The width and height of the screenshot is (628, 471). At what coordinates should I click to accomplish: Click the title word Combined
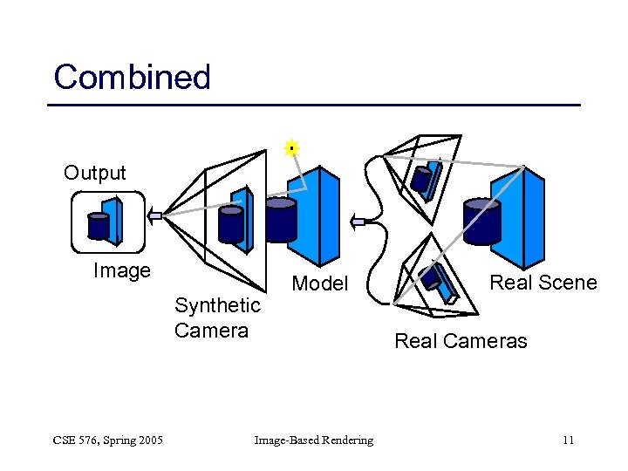tap(132, 78)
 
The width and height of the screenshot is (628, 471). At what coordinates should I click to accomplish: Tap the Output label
tap(94, 173)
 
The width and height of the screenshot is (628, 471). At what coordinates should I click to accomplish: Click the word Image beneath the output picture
tap(121, 271)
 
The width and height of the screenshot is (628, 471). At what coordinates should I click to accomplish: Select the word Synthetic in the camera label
tap(217, 305)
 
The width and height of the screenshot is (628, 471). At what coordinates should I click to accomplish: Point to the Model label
tap(319, 283)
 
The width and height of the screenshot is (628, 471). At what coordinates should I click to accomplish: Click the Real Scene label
tap(543, 283)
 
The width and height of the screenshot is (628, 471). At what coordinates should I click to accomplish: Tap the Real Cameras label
tap(461, 341)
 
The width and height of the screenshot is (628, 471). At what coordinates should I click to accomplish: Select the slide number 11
tap(568, 440)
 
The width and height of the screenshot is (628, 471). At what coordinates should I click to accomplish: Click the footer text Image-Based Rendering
tap(313, 440)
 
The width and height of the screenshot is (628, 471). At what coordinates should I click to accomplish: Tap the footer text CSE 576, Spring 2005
tap(106, 440)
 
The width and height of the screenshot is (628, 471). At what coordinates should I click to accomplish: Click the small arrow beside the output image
tap(155, 215)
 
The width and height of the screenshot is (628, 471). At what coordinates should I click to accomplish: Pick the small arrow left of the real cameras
tap(358, 222)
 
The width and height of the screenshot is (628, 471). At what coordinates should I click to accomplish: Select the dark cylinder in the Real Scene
tap(482, 222)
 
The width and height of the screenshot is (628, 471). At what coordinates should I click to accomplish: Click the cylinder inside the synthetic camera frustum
tap(230, 224)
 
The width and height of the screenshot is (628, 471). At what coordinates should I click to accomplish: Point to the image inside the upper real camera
tap(424, 180)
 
